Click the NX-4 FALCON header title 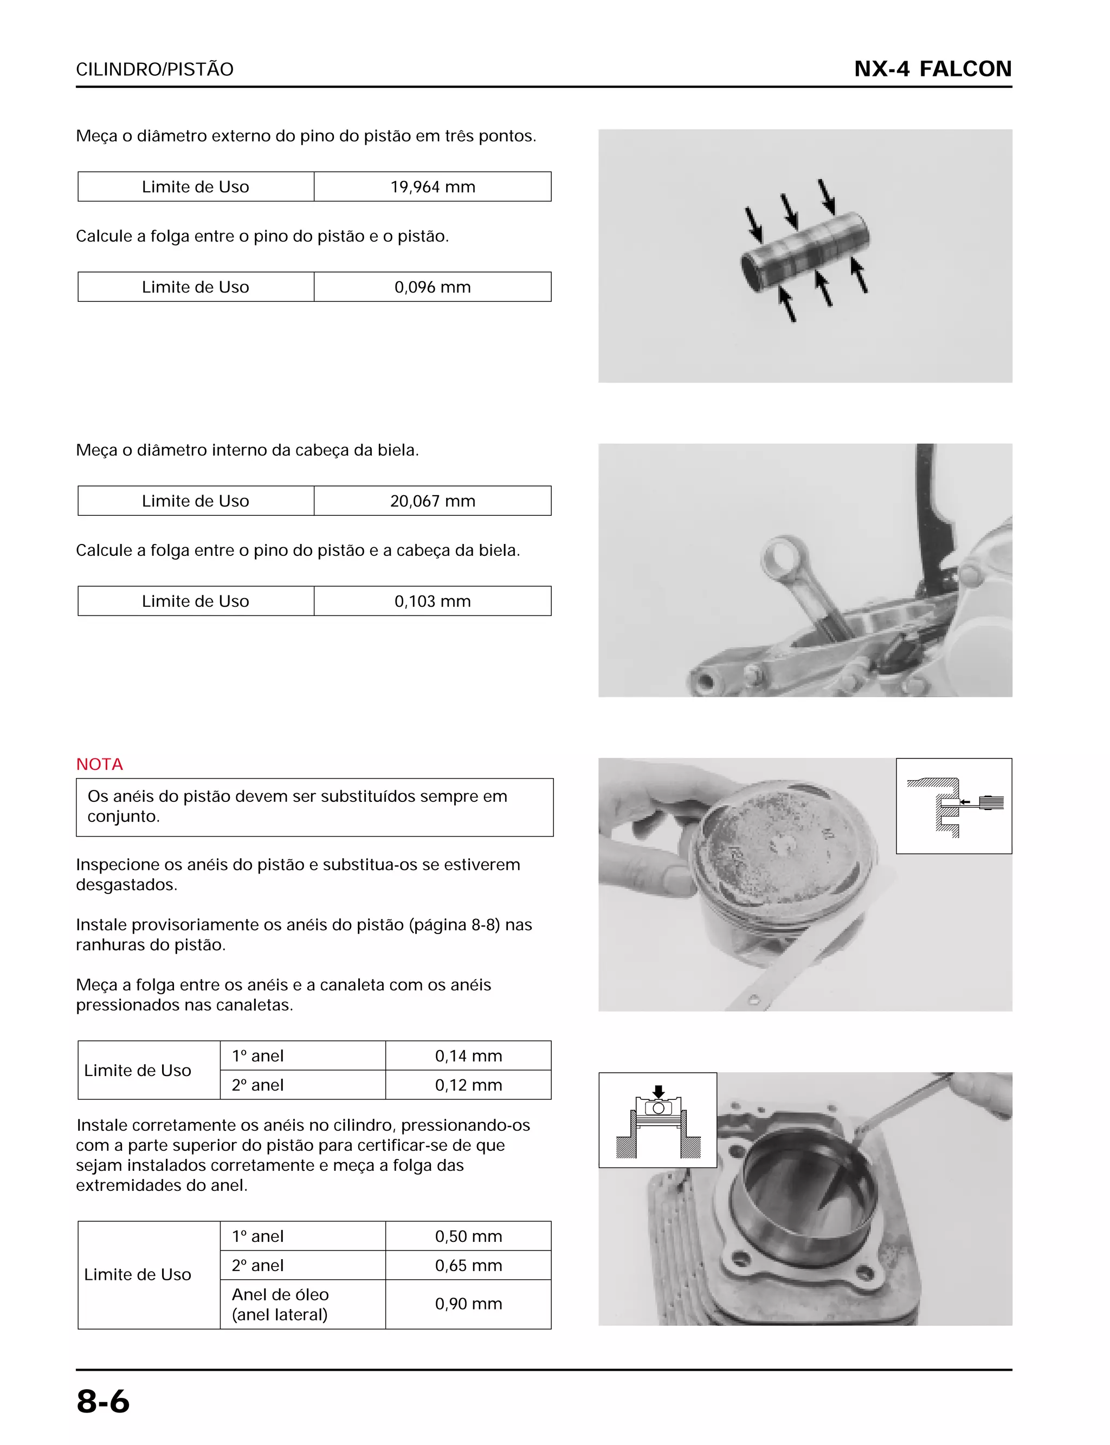(932, 69)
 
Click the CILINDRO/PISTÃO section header (154, 69)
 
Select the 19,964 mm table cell (432, 187)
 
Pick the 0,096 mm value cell (432, 287)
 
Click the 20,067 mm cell (432, 501)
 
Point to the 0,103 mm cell (432, 601)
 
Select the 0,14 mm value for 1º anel (468, 1056)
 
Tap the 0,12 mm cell (468, 1085)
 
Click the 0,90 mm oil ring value (468, 1304)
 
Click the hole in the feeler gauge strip (752, 1001)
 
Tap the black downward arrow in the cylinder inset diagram (658, 1091)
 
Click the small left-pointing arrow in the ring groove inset (965, 802)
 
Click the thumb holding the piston (674, 880)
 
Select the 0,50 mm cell (468, 1236)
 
